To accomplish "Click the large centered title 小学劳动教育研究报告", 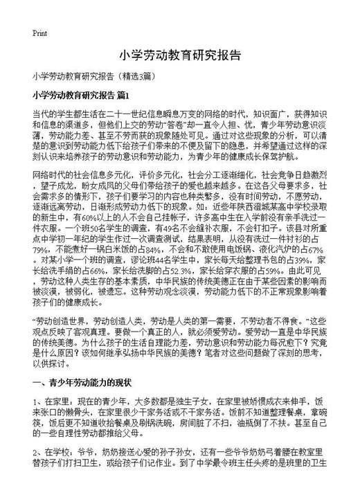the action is tap(179, 55).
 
